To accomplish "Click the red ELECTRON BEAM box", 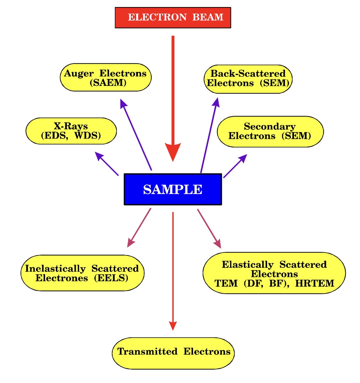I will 173,18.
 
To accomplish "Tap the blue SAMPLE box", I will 173,189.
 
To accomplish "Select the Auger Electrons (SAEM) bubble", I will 105,78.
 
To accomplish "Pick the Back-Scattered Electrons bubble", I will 248,79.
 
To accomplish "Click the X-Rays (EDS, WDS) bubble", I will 71,131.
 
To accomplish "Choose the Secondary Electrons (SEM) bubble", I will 270,131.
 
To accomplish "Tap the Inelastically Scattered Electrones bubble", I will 82,273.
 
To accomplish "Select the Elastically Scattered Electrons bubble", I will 274,273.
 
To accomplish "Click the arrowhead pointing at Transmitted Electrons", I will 173,325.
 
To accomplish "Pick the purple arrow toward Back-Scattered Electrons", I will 209,135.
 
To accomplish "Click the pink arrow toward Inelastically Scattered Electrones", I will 139,228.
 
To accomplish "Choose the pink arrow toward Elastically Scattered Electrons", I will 209,228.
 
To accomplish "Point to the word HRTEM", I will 315,283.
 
